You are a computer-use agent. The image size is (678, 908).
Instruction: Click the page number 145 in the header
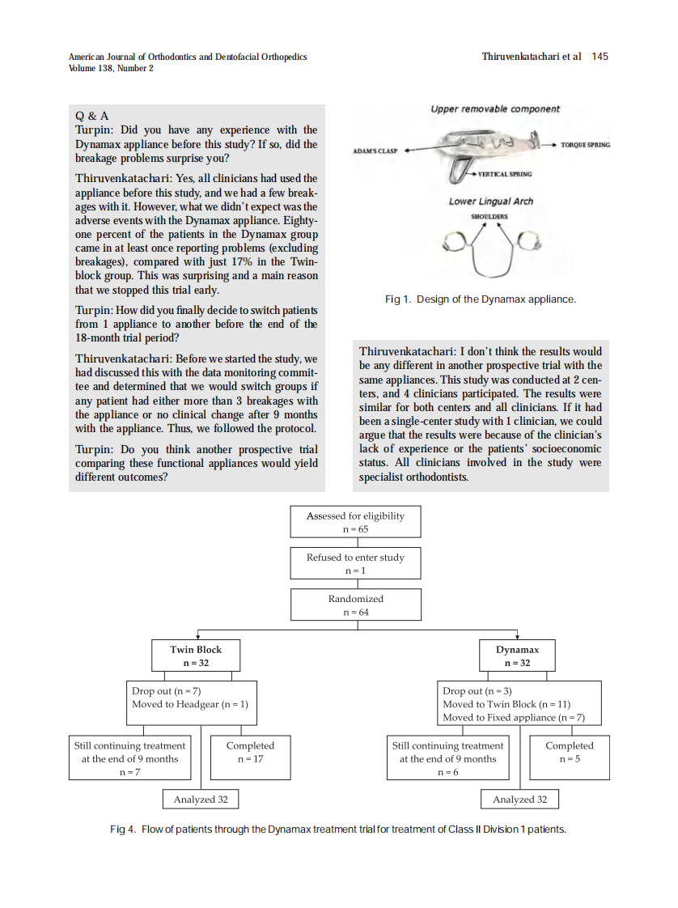(x=600, y=57)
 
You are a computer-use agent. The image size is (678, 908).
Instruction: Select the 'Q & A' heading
(x=92, y=116)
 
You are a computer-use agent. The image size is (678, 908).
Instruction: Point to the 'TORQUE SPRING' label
(x=585, y=145)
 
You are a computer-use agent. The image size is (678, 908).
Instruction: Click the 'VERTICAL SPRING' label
(x=504, y=174)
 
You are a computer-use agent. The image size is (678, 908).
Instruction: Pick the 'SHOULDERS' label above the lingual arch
(x=489, y=217)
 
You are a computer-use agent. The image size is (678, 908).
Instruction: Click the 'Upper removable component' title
(x=494, y=109)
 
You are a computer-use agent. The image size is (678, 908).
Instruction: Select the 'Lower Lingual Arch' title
(x=491, y=202)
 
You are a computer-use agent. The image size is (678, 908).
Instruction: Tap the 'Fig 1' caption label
(x=397, y=299)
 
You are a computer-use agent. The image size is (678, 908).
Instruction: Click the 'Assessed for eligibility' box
(x=355, y=522)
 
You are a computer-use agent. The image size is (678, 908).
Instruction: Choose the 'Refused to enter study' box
(x=355, y=563)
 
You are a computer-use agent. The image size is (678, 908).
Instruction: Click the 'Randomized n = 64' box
(x=355, y=605)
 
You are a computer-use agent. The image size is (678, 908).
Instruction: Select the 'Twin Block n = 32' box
(x=196, y=656)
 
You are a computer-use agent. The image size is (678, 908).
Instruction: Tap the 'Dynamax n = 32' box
(x=517, y=656)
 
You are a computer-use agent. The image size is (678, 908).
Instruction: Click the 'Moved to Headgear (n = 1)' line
(x=190, y=704)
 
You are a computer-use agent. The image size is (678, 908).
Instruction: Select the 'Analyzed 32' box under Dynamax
(x=519, y=800)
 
